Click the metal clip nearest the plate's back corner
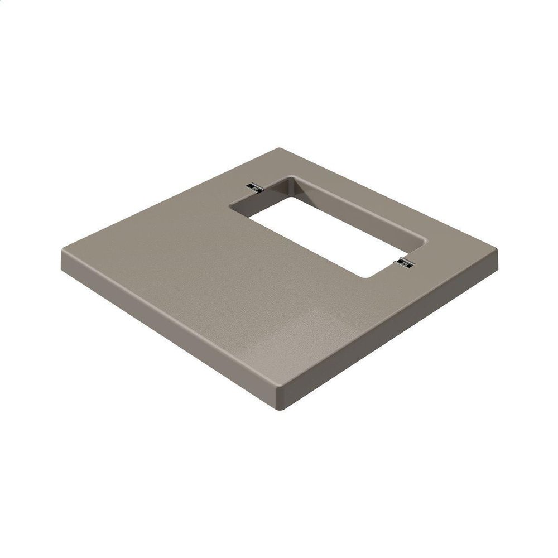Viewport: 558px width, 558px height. tap(255, 187)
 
